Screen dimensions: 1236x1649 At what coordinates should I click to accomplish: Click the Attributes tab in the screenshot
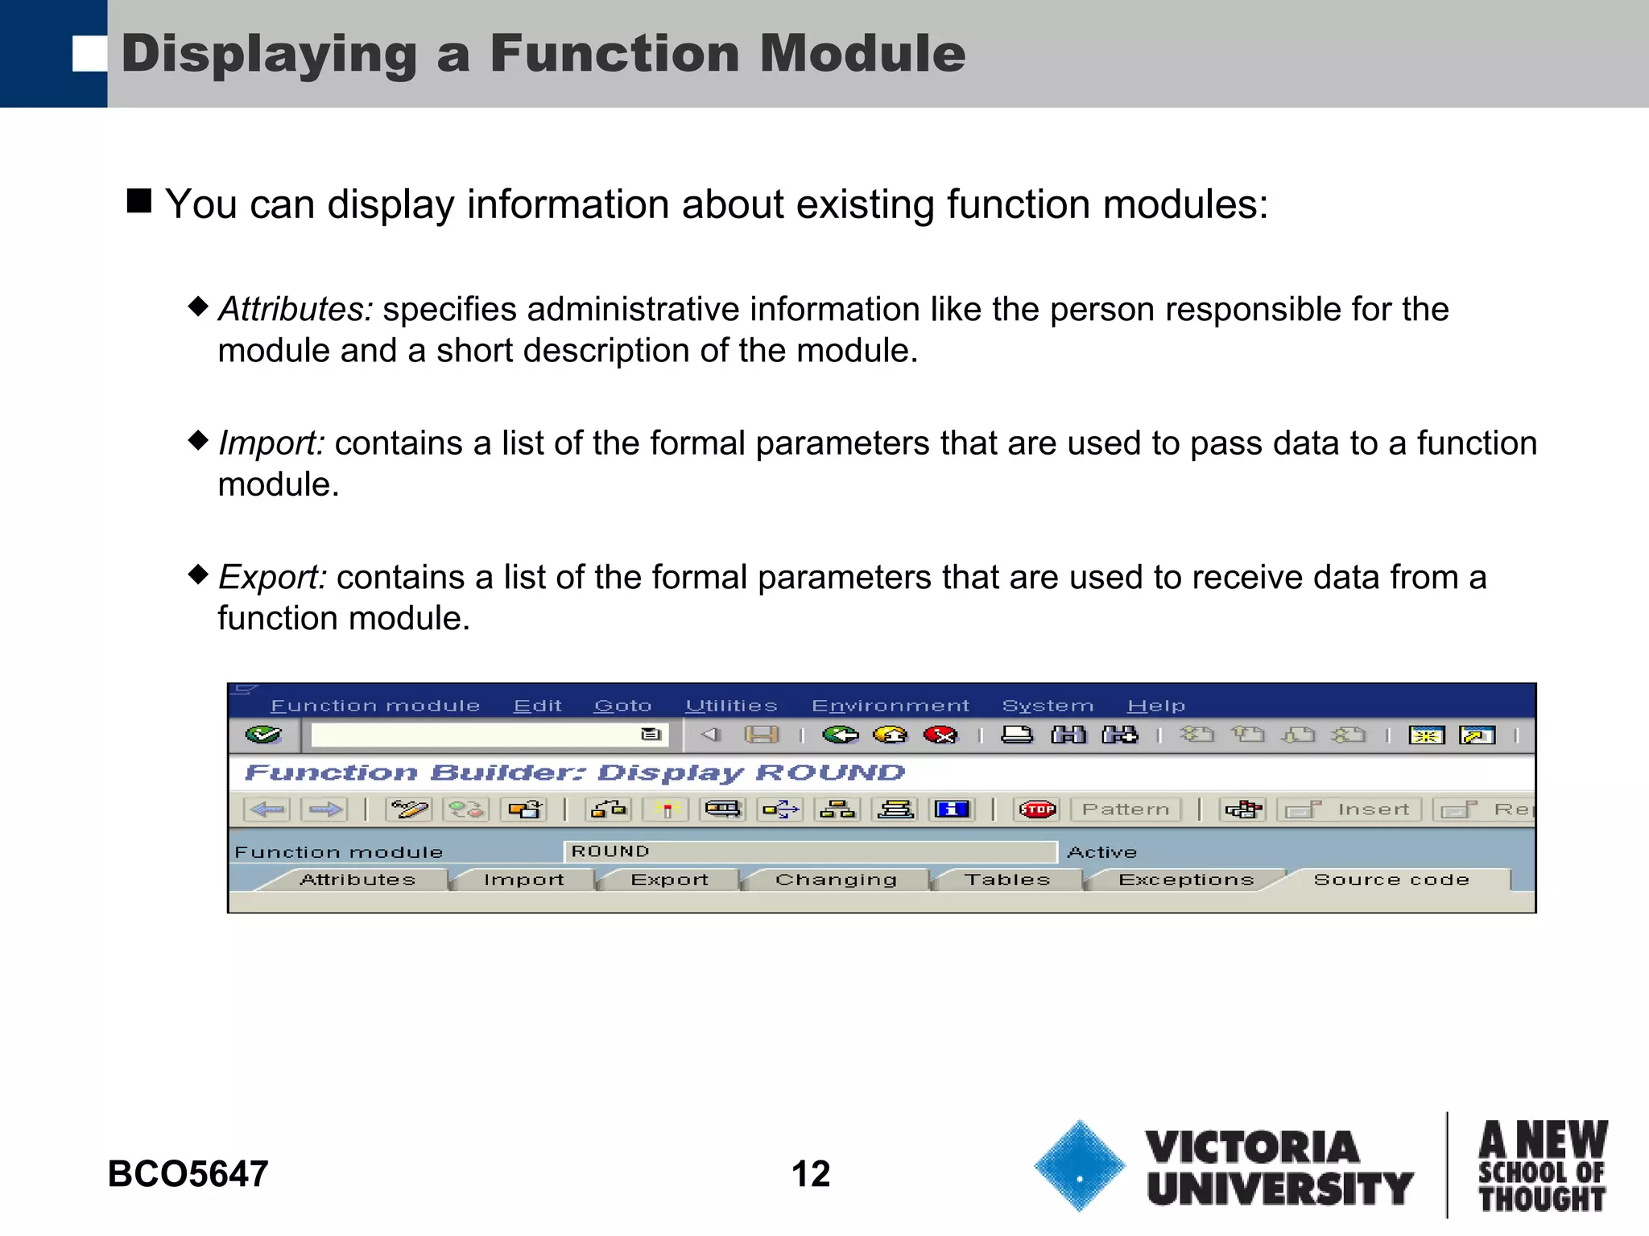pyautogui.click(x=357, y=880)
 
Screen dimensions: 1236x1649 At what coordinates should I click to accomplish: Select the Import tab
pyautogui.click(x=523, y=880)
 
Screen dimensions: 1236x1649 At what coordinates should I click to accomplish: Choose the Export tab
pyautogui.click(x=669, y=880)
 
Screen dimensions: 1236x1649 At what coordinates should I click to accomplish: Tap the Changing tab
pyautogui.click(x=836, y=880)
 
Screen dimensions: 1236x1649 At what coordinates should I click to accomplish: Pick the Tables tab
pyautogui.click(x=1007, y=880)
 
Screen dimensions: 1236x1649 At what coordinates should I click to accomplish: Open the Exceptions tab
pyautogui.click(x=1186, y=880)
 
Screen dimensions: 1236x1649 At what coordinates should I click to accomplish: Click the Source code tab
pyautogui.click(x=1391, y=880)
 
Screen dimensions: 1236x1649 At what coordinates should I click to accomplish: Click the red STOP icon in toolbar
pyautogui.click(x=1037, y=810)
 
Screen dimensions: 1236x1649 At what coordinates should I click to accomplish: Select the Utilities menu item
pyautogui.click(x=731, y=706)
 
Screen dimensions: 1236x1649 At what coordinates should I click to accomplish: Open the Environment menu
pyautogui.click(x=890, y=706)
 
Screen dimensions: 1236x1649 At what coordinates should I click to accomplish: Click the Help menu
pyautogui.click(x=1155, y=706)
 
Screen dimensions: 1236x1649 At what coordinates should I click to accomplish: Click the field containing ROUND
pyautogui.click(x=809, y=851)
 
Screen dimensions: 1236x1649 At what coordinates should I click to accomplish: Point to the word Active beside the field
pyautogui.click(x=1101, y=852)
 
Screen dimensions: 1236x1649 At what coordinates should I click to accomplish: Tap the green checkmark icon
pyautogui.click(x=263, y=735)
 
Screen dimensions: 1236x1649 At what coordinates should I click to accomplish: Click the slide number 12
pyautogui.click(x=810, y=1173)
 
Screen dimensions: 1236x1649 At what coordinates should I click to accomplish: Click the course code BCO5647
pyautogui.click(x=188, y=1173)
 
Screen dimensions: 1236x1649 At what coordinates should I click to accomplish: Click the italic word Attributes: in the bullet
pyautogui.click(x=295, y=310)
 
